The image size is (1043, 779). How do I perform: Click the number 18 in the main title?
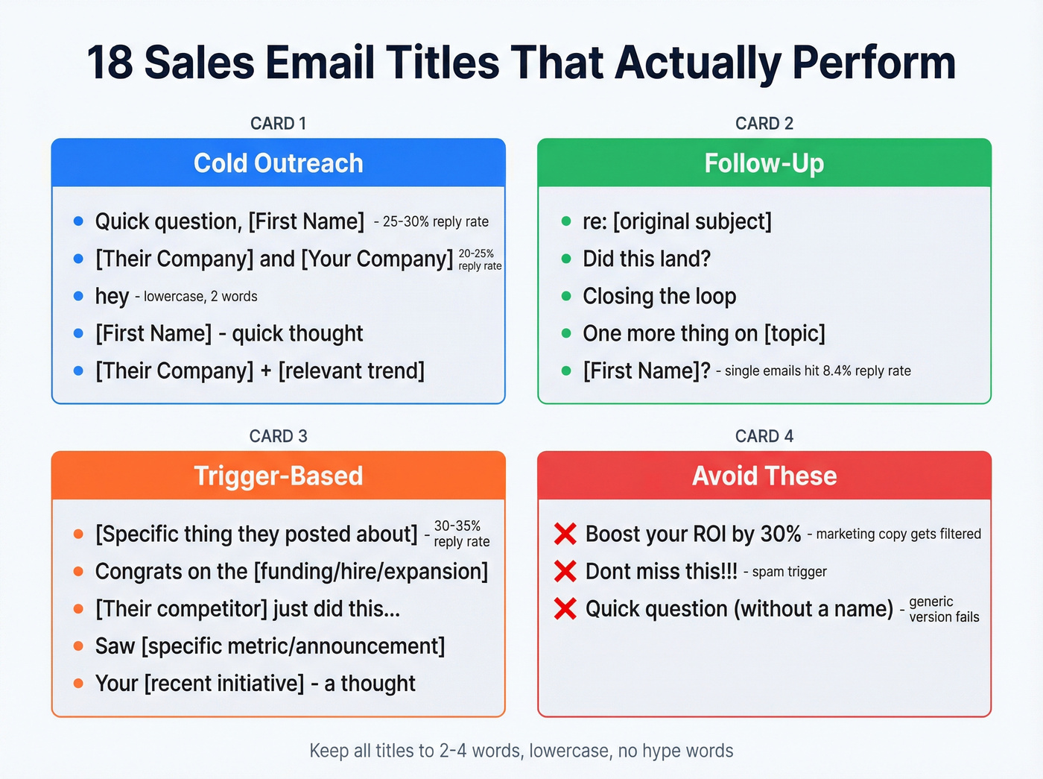coord(110,63)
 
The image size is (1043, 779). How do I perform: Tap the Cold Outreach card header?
coord(279,163)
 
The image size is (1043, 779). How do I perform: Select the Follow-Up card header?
coord(764,163)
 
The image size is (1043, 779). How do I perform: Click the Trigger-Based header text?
coord(279,476)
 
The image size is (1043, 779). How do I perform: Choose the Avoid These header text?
coord(764,476)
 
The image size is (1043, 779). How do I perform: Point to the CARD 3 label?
coord(279,436)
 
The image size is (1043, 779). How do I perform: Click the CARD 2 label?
coord(764,124)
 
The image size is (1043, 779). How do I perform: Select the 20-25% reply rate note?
coord(479,259)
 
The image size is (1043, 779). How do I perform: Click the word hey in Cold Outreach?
coord(112,297)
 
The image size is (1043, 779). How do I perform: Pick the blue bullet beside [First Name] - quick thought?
coord(78,333)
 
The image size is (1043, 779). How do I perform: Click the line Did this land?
coord(647,259)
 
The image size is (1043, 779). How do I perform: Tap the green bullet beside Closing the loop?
coord(566,296)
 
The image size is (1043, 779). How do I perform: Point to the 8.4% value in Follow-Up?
coord(837,371)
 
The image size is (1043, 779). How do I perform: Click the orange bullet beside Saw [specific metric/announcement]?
coord(78,646)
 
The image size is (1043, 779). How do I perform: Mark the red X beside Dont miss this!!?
coord(565,571)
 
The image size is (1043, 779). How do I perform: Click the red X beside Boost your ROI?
coord(565,534)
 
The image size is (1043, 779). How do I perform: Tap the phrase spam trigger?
coord(789,572)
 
